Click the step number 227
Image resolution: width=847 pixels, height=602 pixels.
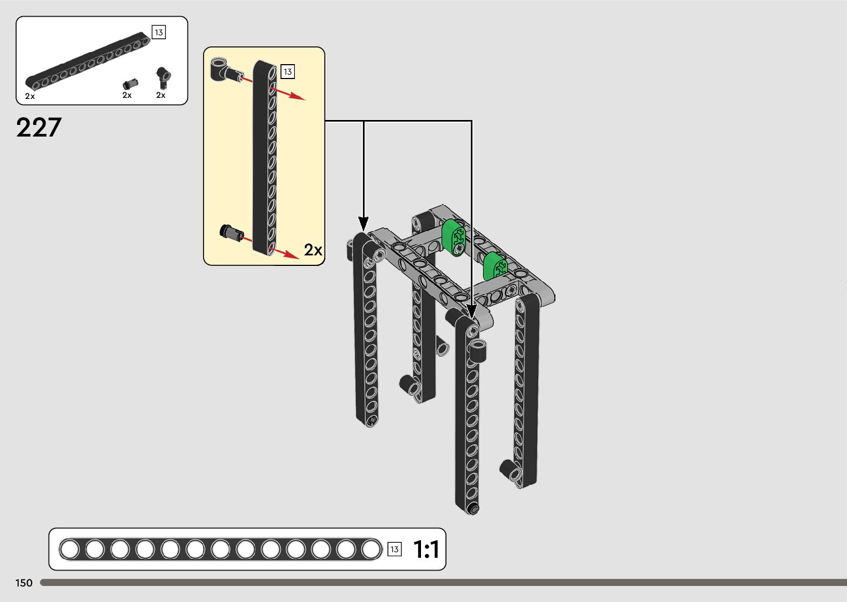point(39,128)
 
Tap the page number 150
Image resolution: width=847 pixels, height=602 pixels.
point(24,583)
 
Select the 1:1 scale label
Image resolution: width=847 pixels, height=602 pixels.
point(426,549)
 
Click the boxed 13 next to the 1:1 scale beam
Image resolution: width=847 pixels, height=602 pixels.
point(394,549)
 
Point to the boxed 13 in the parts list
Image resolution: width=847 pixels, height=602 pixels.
point(159,33)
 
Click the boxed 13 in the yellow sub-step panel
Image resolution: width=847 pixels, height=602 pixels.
point(287,72)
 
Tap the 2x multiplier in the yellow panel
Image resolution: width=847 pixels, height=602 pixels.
point(313,250)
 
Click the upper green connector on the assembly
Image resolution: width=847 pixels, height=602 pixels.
point(454,237)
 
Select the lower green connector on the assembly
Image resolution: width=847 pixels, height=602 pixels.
point(495,266)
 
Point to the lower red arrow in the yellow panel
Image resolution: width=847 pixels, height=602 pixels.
point(285,252)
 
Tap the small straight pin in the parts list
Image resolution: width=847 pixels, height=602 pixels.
point(130,84)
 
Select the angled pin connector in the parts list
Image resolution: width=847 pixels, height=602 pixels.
point(163,77)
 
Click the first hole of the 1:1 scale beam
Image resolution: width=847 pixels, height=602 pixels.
point(70,549)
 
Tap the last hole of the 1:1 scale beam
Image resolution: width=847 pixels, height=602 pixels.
point(371,549)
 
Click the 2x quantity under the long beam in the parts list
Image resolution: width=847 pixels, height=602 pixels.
point(30,96)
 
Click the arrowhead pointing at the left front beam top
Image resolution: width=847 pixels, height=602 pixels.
point(363,224)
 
